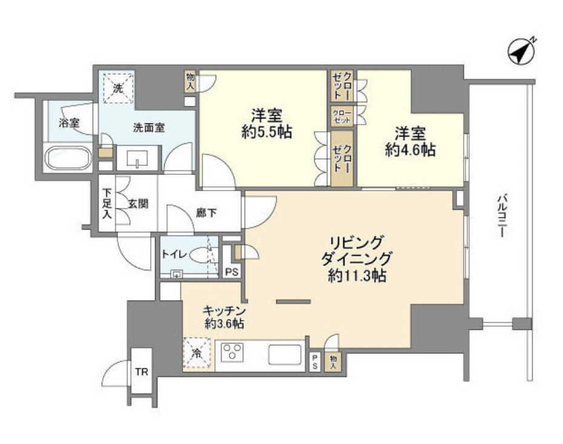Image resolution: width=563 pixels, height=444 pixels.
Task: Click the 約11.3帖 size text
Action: [x=354, y=276]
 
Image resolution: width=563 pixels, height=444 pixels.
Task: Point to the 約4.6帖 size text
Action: [x=410, y=150]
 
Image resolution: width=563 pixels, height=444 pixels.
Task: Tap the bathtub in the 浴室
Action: [x=68, y=160]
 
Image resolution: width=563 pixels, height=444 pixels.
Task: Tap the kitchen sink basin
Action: [x=285, y=354]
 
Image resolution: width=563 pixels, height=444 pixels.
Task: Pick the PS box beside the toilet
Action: [x=231, y=272]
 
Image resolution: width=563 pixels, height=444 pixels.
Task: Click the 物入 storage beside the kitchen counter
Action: [x=333, y=362]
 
